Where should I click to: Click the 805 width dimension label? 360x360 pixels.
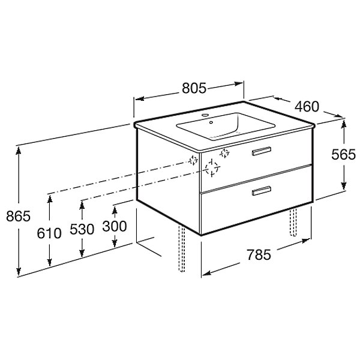pos(194,88)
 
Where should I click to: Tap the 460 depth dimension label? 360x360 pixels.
pos(307,106)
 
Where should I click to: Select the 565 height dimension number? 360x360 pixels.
pos(343,155)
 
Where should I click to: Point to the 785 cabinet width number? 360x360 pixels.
pos(259,255)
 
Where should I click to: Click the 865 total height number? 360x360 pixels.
pos(18,216)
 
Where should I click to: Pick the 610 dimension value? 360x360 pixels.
pos(49,233)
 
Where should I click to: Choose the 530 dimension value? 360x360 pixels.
pos(82,229)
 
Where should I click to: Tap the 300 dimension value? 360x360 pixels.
pos(115,226)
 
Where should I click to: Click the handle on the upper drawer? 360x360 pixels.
pos(262,151)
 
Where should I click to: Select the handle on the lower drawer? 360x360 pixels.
pos(262,191)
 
